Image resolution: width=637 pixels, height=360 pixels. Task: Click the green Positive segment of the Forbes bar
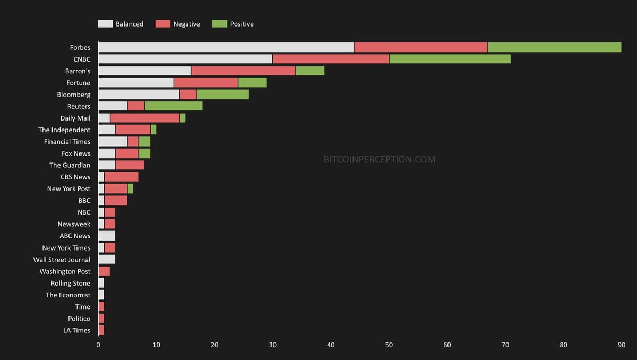[x=554, y=47]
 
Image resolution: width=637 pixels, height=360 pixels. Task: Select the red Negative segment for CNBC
[x=330, y=59]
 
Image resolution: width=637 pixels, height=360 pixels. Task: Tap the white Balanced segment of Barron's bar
[x=144, y=71]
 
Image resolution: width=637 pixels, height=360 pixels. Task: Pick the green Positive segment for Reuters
[x=174, y=106]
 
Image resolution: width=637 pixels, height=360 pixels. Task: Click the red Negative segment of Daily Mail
[x=145, y=118]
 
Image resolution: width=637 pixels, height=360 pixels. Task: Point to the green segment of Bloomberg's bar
[x=223, y=95]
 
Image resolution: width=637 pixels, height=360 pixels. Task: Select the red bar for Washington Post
[x=104, y=271]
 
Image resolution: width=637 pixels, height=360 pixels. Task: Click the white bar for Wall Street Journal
[x=107, y=260]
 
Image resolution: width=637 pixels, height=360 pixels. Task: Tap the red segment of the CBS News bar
[x=121, y=177]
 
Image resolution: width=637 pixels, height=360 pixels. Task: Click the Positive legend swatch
[x=219, y=24]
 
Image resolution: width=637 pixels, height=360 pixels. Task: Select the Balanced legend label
[x=130, y=24]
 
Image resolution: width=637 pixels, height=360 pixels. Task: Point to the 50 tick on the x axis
[x=389, y=345]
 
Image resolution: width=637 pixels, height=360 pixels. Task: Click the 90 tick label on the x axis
[x=622, y=345]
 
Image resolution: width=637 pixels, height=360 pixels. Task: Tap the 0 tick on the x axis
[x=98, y=345]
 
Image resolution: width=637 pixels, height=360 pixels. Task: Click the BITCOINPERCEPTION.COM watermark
[x=380, y=159]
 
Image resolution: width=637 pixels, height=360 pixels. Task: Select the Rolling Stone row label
[x=71, y=283]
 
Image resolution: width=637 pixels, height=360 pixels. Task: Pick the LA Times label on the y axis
[x=76, y=330]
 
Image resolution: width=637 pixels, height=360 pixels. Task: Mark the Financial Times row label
[x=67, y=142]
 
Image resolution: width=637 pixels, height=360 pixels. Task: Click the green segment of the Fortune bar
[x=252, y=83]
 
